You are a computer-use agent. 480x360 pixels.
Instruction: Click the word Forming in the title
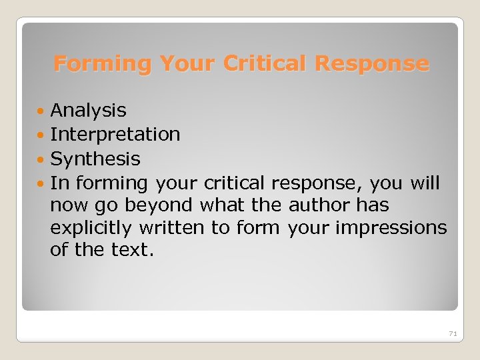pos(102,64)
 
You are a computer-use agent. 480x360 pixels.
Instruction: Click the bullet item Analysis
pos(88,109)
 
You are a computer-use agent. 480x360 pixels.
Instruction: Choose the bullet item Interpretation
pos(115,134)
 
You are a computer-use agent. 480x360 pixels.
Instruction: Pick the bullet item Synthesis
pos(95,159)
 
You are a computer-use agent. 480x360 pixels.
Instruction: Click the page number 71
pos(453,333)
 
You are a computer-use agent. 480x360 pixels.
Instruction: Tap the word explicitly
pos(91,228)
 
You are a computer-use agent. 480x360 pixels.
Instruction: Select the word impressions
pos(391,228)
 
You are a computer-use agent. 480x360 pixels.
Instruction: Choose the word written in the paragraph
pos(172,228)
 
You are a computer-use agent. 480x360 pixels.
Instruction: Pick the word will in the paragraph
pos(425,183)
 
